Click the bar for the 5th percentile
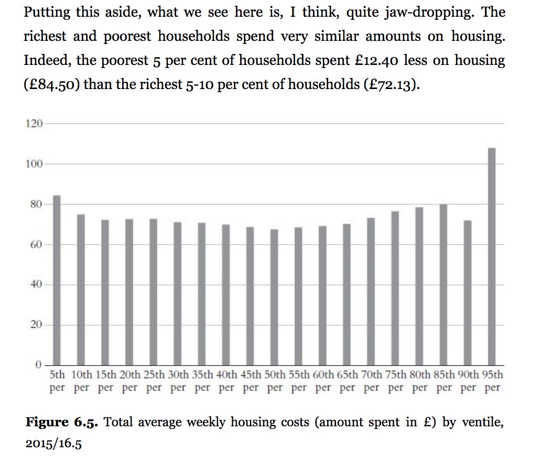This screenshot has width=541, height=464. pyautogui.click(x=57, y=280)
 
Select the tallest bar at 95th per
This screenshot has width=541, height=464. pyautogui.click(x=492, y=257)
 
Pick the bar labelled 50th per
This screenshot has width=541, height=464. pyautogui.click(x=274, y=297)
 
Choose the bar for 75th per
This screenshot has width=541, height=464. pyautogui.click(x=395, y=288)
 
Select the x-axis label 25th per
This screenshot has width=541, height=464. pyautogui.click(x=154, y=381)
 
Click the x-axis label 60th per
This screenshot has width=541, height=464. pyautogui.click(x=323, y=381)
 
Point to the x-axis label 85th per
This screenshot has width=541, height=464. pyautogui.click(x=444, y=381)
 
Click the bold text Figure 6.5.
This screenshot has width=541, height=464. pyautogui.click(x=62, y=422)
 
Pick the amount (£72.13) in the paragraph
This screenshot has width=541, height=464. pyautogui.click(x=392, y=85)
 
